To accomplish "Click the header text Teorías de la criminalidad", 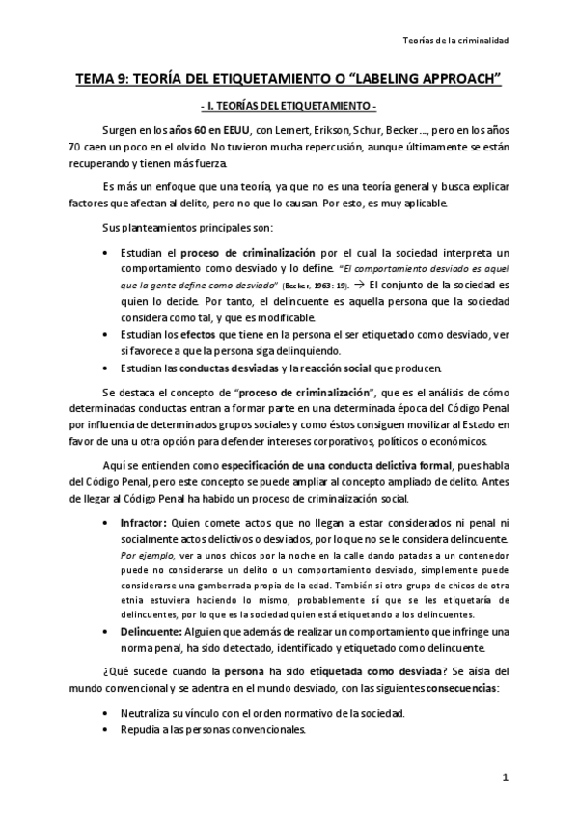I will point(454,41).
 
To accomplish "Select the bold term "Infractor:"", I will point(144,520).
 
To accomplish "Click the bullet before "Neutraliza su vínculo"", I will point(104,712).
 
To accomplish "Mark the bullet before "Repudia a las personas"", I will point(104,729).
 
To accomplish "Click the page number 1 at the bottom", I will point(504,777).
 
